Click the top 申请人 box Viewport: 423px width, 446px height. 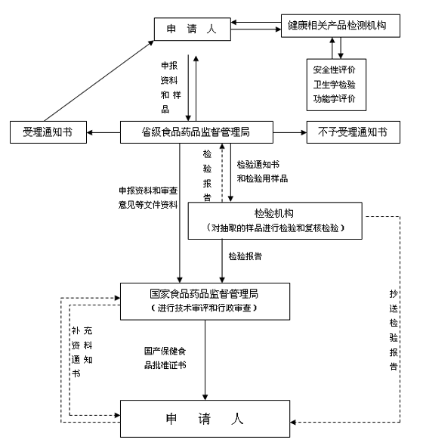pyautogui.click(x=193, y=29)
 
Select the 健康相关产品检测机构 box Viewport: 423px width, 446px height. pyautogui.click(x=341, y=26)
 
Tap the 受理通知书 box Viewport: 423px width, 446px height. pyautogui.click(x=48, y=132)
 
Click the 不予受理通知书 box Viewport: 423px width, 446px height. pyautogui.click(x=354, y=132)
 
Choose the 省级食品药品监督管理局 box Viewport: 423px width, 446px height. pyautogui.click(x=196, y=132)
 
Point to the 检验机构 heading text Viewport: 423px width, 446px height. pyautogui.click(x=274, y=213)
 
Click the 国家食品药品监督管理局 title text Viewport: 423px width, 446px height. pyautogui.click(x=204, y=294)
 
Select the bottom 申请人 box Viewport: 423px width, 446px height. pyautogui.click(x=205, y=419)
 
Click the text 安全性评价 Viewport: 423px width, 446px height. pyautogui.click(x=335, y=70)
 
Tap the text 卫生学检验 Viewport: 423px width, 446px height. pyautogui.click(x=335, y=85)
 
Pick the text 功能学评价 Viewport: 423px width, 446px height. pyautogui.click(x=335, y=99)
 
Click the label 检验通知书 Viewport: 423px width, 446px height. pyautogui.click(x=258, y=164)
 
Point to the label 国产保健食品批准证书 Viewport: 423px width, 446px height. pyautogui.click(x=165, y=358)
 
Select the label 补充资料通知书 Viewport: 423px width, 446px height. pyautogui.click(x=82, y=352)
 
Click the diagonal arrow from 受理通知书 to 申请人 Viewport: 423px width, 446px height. pyautogui.click(x=99, y=81)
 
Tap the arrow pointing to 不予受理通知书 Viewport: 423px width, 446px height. pyautogui.click(x=290, y=132)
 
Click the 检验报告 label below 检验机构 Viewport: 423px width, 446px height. pyautogui.click(x=245, y=256)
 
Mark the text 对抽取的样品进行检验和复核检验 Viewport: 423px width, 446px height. pyautogui.click(x=275, y=228)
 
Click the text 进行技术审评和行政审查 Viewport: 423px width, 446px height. pyautogui.click(x=204, y=308)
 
